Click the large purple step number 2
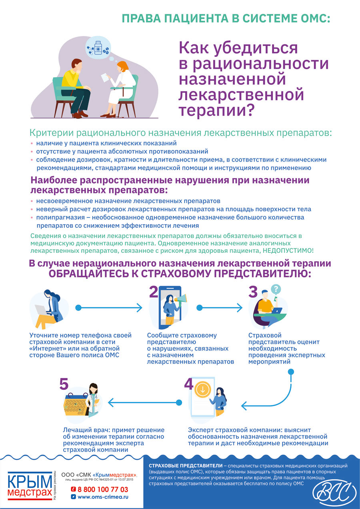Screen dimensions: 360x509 154,292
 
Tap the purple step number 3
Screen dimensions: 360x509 253,292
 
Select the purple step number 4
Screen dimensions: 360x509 188,384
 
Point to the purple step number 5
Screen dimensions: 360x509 64,384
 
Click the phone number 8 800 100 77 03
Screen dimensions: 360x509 103,489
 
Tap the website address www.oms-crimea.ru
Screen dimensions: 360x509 103,497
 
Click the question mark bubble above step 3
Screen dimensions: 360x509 276,289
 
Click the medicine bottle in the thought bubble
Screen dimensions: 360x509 98,48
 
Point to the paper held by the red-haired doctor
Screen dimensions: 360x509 105,77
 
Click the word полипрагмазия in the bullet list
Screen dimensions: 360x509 60,217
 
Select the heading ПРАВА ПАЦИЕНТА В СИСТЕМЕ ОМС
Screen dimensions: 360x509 226,18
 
